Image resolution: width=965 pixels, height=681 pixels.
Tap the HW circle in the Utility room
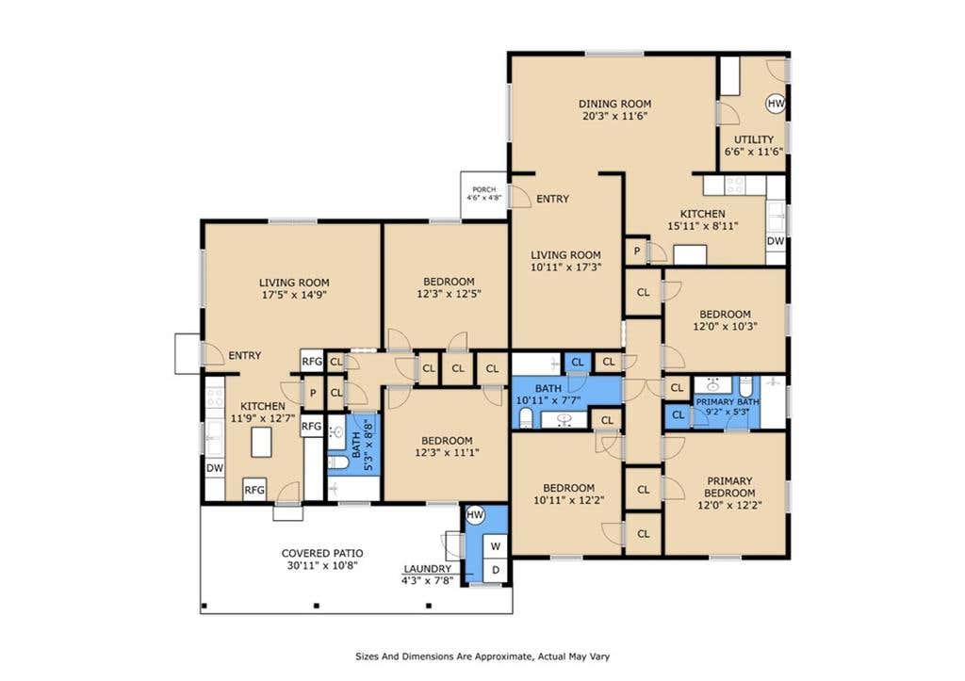tap(776, 104)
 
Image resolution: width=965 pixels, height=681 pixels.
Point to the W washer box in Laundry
tap(496, 546)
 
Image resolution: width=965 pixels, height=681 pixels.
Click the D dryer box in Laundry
tap(496, 570)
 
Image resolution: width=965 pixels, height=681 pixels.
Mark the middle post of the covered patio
tap(317, 606)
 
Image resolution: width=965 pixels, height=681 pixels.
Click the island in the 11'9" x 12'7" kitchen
tap(261, 443)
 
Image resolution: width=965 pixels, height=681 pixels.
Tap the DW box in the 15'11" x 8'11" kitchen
tap(776, 241)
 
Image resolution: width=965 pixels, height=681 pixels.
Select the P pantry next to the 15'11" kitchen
tap(637, 251)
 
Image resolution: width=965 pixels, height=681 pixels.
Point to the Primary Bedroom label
tap(729, 487)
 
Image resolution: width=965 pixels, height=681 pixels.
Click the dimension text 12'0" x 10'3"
tap(725, 327)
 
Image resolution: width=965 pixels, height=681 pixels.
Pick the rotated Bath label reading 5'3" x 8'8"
tap(363, 445)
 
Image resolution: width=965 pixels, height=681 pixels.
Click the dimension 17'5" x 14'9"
tap(294, 295)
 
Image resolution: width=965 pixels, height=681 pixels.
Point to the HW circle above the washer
tap(475, 514)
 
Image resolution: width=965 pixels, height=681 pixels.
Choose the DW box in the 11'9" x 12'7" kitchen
tap(215, 468)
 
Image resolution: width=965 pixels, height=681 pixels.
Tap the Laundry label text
tap(427, 569)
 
